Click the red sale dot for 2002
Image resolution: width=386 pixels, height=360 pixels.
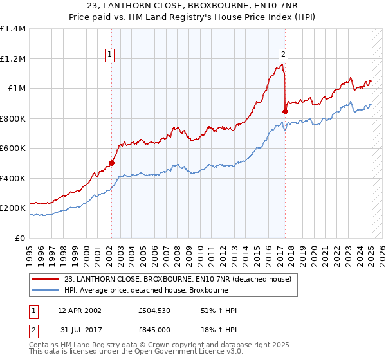pyautogui.click(x=111, y=163)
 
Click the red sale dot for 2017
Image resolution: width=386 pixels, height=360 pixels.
pyautogui.click(x=285, y=111)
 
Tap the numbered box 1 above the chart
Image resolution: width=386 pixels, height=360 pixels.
pyautogui.click(x=111, y=55)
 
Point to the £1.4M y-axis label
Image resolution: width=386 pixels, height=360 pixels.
pyautogui.click(x=13, y=29)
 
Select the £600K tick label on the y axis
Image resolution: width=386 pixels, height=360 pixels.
pyautogui.click(x=13, y=148)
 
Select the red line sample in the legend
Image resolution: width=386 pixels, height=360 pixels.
pyautogui.click(x=46, y=279)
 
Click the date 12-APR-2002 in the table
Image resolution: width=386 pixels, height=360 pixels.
pyautogui.click(x=79, y=310)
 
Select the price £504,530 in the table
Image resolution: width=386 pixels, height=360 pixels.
pyautogui.click(x=154, y=310)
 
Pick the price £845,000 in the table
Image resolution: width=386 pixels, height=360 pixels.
pyautogui.click(x=154, y=329)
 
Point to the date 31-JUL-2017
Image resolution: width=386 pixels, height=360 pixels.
pyautogui.click(x=79, y=329)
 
